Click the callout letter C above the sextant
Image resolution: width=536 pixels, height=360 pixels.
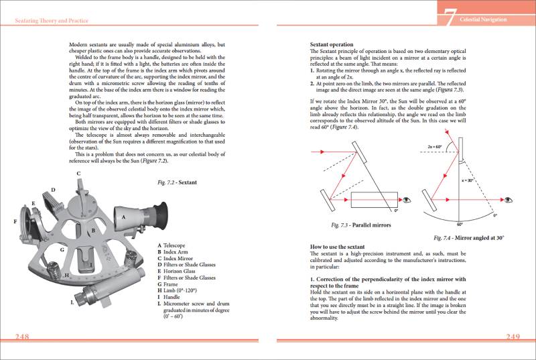click(78, 174)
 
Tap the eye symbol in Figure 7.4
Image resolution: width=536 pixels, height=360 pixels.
click(509, 200)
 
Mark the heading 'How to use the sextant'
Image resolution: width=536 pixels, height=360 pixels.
click(339, 246)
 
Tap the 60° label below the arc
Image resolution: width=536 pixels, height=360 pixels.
click(460, 225)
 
